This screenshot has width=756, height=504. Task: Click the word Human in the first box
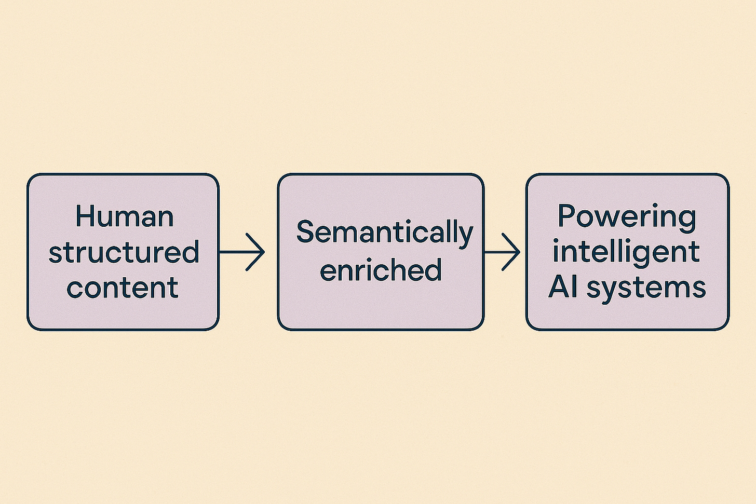coord(124,216)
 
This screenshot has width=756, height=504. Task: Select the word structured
coord(124,252)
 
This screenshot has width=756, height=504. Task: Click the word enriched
coord(381,270)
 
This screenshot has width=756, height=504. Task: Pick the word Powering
coord(627,216)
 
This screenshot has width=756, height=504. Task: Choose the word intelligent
coord(626,252)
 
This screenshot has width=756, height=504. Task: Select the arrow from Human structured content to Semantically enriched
coord(242,252)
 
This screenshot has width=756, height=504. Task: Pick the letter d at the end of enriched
coord(434,269)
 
